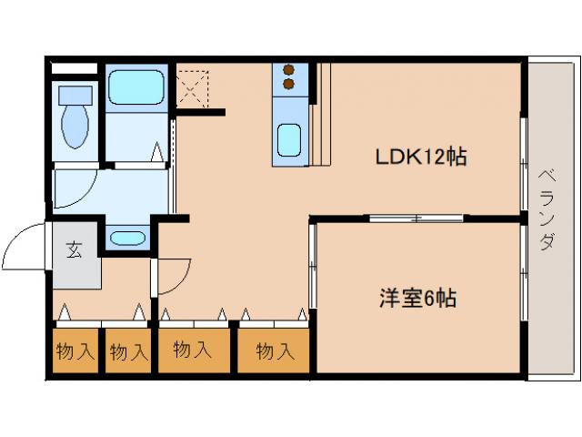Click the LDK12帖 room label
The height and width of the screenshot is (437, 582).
(x=421, y=156)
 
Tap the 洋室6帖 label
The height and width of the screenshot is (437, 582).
(x=417, y=297)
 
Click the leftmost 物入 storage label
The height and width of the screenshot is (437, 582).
(x=75, y=351)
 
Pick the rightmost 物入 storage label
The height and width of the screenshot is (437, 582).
(x=275, y=350)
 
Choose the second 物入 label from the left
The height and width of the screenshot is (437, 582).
(x=128, y=351)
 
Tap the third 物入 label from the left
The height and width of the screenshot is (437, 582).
(x=192, y=350)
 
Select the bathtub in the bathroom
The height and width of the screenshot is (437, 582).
(x=135, y=88)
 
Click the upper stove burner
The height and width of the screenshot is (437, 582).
(x=290, y=69)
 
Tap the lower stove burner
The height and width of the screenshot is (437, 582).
(x=290, y=84)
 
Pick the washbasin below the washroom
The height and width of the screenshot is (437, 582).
(x=126, y=239)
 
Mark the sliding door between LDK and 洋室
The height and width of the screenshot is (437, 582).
(x=416, y=218)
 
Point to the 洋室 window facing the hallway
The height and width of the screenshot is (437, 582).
(x=312, y=265)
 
